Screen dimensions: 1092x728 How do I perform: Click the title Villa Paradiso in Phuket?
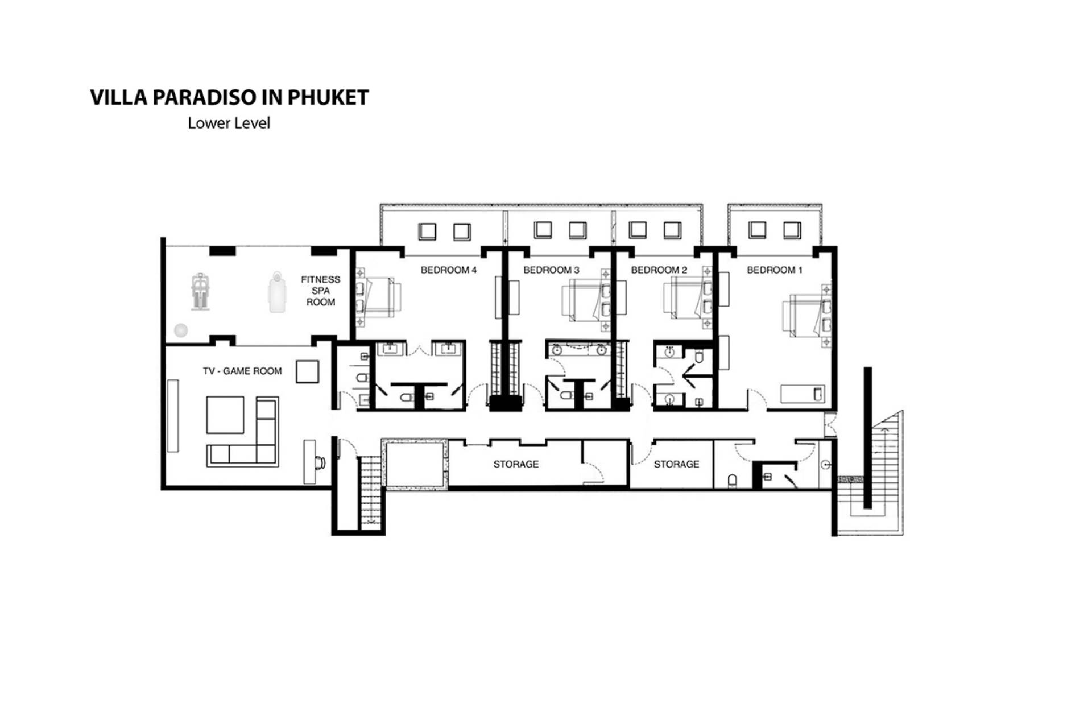(x=229, y=97)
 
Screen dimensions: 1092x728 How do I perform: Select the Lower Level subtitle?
(x=229, y=123)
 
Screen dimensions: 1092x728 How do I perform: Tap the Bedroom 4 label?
(x=449, y=270)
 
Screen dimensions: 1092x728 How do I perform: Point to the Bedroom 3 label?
(x=551, y=270)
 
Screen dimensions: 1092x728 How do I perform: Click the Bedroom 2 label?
(x=659, y=270)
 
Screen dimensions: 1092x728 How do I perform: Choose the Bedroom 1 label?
(x=775, y=270)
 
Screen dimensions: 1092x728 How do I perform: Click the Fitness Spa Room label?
(x=321, y=291)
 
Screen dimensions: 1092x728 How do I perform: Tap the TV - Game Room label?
(x=242, y=371)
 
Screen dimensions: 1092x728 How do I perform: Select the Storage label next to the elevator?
(x=516, y=464)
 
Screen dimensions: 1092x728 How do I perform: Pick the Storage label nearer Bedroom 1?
(x=676, y=464)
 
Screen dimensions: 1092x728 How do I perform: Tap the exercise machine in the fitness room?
(x=199, y=292)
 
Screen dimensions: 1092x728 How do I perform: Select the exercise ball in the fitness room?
(x=181, y=330)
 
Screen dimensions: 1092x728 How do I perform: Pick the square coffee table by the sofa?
(x=225, y=415)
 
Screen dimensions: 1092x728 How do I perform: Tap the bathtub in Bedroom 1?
(x=802, y=394)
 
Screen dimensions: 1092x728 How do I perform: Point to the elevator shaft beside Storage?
(x=415, y=463)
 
